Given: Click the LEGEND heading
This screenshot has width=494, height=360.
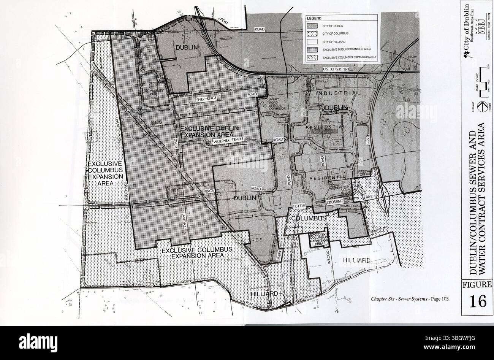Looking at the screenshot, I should pyautogui.click(x=314, y=18).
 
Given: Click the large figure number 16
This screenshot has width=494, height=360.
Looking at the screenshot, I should pyautogui.click(x=477, y=301).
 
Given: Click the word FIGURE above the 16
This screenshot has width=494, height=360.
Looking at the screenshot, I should pyautogui.click(x=477, y=285).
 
